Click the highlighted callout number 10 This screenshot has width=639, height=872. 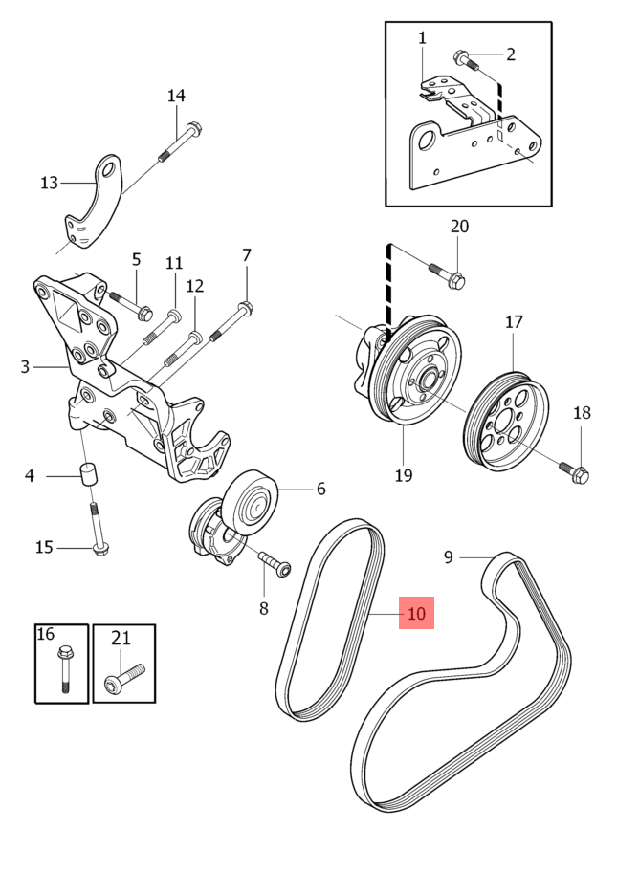pos(416,613)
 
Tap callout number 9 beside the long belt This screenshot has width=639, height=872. pos(448,556)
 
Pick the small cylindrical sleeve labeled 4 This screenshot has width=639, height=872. pos(88,474)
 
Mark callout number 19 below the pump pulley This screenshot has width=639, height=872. pos(403,475)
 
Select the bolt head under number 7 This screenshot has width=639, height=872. pos(245,308)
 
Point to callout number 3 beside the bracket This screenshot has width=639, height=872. pos(25,365)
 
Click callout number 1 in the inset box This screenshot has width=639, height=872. pos(422,37)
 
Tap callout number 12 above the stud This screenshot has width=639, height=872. pos(194,286)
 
